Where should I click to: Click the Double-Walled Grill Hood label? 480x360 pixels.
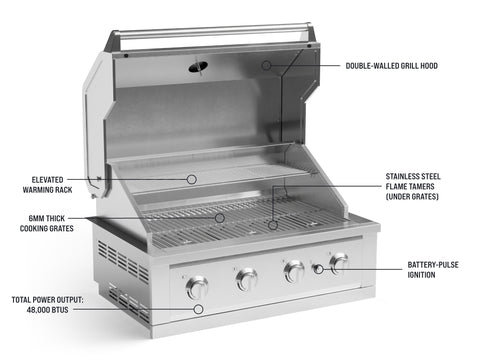[x=392, y=66]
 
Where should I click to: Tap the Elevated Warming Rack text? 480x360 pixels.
[x=47, y=185]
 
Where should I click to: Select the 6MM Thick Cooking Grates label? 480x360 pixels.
[x=47, y=223]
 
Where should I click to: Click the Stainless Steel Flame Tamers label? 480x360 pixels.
[x=413, y=186]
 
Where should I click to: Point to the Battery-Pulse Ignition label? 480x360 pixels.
[x=433, y=270]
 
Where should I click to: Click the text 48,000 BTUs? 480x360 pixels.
[x=47, y=310]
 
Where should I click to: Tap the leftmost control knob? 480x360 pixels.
[x=197, y=287]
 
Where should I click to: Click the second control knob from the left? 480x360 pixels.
[x=247, y=279]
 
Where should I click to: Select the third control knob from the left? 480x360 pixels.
[x=294, y=271]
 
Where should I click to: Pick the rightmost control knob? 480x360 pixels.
[x=339, y=263]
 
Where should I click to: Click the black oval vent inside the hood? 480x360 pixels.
[x=198, y=67]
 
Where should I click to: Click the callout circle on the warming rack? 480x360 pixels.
[x=191, y=179]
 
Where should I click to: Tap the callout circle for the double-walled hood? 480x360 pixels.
[x=266, y=65]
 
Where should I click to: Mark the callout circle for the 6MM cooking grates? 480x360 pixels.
[x=219, y=218]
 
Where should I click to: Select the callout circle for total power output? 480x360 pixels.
[x=198, y=309]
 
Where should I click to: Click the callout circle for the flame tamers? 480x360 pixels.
[x=273, y=225]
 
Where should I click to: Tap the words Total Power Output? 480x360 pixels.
[x=47, y=300]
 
